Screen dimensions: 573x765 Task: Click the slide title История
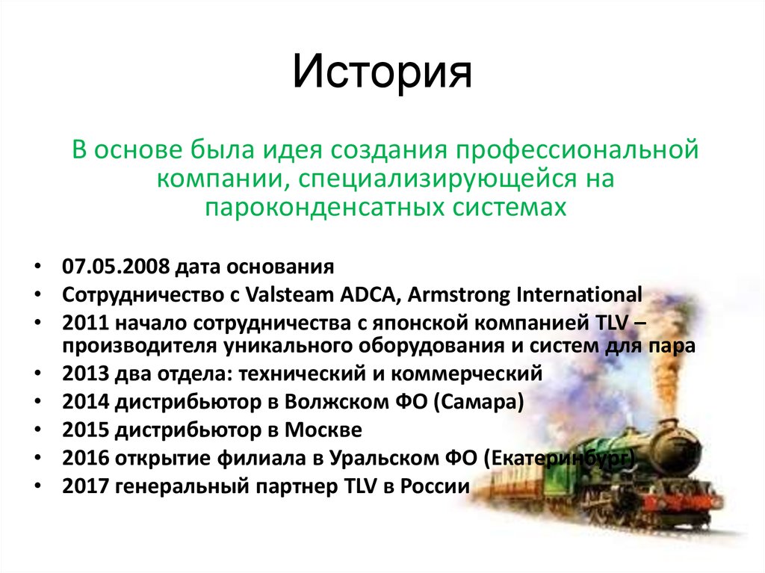pyautogui.click(x=382, y=72)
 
